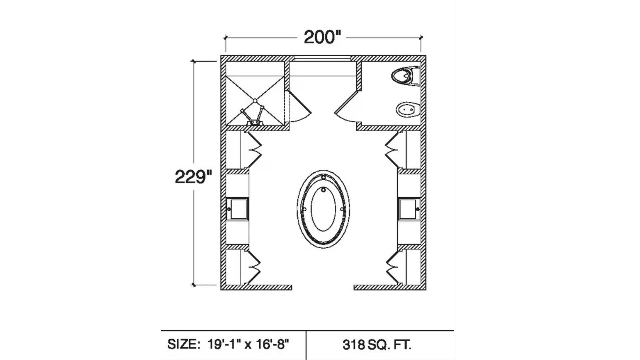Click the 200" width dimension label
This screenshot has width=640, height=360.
[322, 37]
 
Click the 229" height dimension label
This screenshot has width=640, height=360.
[193, 177]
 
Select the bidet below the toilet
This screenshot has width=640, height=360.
[407, 109]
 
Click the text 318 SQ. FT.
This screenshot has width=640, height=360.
[377, 345]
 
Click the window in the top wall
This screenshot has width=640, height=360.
[322, 59]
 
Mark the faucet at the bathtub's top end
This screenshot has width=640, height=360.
[323, 177]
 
